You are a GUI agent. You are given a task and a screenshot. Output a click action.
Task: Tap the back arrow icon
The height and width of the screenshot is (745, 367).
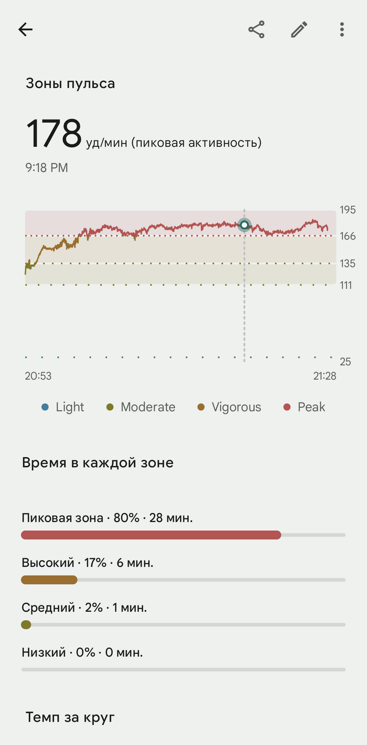point(25,29)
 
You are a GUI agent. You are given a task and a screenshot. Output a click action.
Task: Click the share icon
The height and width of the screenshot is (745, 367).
point(256,29)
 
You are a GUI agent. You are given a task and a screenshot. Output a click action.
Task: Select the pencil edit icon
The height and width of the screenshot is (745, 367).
point(299,29)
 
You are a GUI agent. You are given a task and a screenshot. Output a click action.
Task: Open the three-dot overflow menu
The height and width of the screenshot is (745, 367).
point(342,29)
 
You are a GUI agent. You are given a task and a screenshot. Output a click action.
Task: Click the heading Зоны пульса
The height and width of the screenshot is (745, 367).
point(70,83)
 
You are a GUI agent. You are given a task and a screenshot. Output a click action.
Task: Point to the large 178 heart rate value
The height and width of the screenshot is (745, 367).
point(54,134)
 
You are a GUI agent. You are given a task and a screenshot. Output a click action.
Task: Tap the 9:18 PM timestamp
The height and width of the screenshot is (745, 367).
point(47,168)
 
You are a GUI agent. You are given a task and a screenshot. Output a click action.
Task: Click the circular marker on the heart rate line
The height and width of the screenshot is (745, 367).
point(244,225)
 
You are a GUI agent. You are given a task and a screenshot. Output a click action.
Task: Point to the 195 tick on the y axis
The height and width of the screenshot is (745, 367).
point(348,210)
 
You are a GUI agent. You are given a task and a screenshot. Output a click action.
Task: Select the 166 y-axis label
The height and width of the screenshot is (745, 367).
point(348,236)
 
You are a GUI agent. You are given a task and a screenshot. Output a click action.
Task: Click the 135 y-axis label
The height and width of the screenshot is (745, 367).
point(348,263)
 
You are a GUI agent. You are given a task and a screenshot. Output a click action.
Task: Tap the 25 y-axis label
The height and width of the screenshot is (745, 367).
point(345,362)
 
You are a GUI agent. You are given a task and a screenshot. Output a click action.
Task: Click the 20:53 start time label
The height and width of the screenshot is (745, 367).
point(38,376)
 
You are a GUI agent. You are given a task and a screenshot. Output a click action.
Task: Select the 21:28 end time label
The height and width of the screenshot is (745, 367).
point(325,376)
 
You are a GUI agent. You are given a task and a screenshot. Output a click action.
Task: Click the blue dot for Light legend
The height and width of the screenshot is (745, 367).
point(45,407)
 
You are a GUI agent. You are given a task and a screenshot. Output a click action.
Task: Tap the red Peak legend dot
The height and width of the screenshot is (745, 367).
point(287,407)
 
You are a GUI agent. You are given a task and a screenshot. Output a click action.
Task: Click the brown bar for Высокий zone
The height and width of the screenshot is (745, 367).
point(49,580)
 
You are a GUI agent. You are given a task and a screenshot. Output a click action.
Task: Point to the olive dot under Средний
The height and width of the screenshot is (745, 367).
point(26,624)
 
